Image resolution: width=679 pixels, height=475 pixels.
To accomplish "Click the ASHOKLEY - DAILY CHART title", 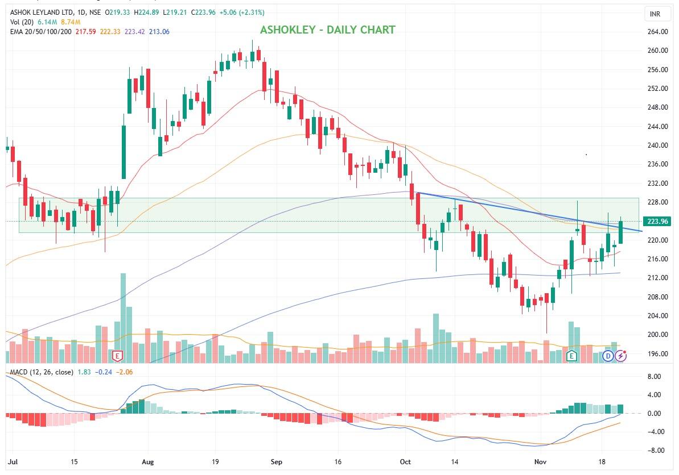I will (x=327, y=30).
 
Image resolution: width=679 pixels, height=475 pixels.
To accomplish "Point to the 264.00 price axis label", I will (x=658, y=32).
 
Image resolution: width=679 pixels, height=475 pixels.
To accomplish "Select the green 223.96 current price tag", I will (x=657, y=221).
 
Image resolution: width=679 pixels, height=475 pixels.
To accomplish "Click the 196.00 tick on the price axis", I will (x=658, y=353).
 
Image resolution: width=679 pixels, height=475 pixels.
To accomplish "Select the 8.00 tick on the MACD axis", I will (x=655, y=377).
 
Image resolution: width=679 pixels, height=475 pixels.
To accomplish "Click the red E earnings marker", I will (x=117, y=356).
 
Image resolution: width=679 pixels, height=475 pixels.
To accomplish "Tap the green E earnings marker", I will (x=572, y=356).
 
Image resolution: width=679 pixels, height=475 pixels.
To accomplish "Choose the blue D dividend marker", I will (x=608, y=356).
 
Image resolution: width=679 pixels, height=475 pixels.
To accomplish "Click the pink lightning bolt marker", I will (x=620, y=356).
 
